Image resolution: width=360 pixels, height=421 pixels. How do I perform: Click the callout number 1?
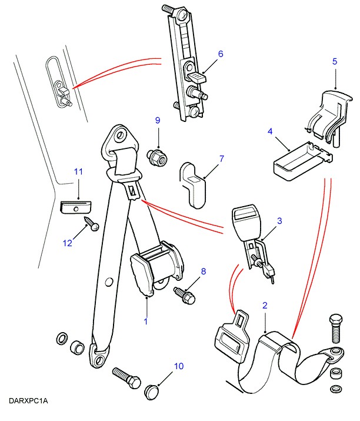click(146, 321)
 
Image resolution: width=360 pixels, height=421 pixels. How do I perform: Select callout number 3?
click(279, 221)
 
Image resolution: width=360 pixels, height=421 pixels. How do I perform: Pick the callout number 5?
click(335, 61)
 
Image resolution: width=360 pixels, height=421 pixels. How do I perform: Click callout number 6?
click(221, 54)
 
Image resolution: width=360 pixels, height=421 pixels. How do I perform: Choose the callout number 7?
click(221, 159)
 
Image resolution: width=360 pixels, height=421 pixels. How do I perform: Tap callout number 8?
click(204, 271)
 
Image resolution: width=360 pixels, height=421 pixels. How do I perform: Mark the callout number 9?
click(158, 121)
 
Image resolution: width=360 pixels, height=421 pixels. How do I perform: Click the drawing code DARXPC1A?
click(28, 401)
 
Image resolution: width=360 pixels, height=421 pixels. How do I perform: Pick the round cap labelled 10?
click(152, 391)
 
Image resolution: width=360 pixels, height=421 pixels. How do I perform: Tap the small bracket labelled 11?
click(76, 207)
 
